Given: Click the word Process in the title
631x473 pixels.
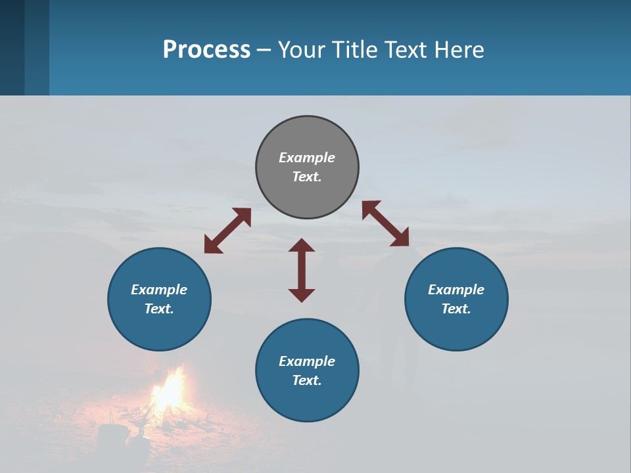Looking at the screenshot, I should tap(206, 50).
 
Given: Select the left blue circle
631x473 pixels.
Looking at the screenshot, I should tap(159, 328).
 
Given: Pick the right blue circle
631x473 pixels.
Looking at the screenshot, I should tap(456, 328).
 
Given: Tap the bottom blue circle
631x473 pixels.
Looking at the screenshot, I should tap(307, 401).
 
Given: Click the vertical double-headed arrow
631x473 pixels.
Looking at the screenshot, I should tap(302, 270).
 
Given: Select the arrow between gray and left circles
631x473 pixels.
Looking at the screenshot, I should tap(227, 231).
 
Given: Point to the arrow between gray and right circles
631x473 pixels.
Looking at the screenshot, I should tap(386, 223).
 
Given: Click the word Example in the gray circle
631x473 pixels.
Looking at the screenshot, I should tap(307, 158).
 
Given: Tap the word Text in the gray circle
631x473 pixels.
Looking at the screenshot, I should tap(307, 177).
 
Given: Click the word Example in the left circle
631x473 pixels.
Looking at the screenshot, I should tap(159, 290).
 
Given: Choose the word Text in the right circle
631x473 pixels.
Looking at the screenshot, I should tap(456, 309).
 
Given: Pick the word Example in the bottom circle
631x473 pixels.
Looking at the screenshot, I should tap(307, 361).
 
